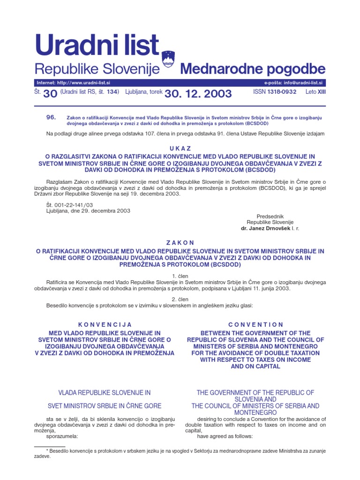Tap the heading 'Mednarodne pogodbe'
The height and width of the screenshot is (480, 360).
point(253,70)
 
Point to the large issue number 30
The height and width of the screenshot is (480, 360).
point(50,94)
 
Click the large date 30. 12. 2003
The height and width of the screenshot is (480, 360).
point(198,94)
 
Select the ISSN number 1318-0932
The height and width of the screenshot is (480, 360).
point(281,92)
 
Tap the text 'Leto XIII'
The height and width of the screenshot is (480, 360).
point(315,92)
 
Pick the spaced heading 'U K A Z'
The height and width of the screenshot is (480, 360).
point(180,148)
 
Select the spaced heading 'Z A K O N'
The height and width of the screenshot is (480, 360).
point(180,242)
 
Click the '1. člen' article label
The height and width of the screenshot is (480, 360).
point(180,276)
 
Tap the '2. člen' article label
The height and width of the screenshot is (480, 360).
point(180,299)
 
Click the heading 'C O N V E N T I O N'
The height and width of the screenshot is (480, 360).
point(255,324)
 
